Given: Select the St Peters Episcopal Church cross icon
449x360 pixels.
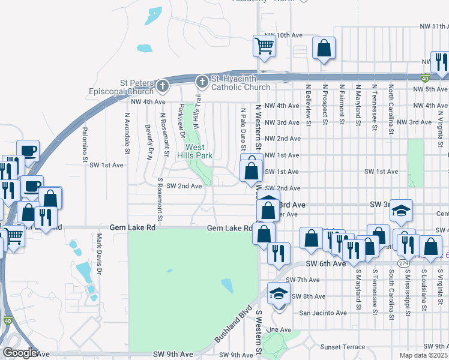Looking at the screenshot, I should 161,88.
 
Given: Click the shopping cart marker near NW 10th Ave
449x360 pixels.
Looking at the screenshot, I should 264,46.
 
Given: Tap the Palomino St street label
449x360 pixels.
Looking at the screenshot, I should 85,145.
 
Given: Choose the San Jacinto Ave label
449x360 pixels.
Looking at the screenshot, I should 323,313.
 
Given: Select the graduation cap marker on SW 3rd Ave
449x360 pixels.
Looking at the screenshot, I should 401,211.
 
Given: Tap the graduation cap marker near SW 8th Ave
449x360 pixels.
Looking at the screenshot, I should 278,294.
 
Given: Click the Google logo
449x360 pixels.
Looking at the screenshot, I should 20,353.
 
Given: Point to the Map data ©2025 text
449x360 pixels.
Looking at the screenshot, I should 424,355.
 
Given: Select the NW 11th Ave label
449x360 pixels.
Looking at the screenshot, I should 435,26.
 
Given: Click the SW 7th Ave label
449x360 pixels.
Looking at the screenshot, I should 303,280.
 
